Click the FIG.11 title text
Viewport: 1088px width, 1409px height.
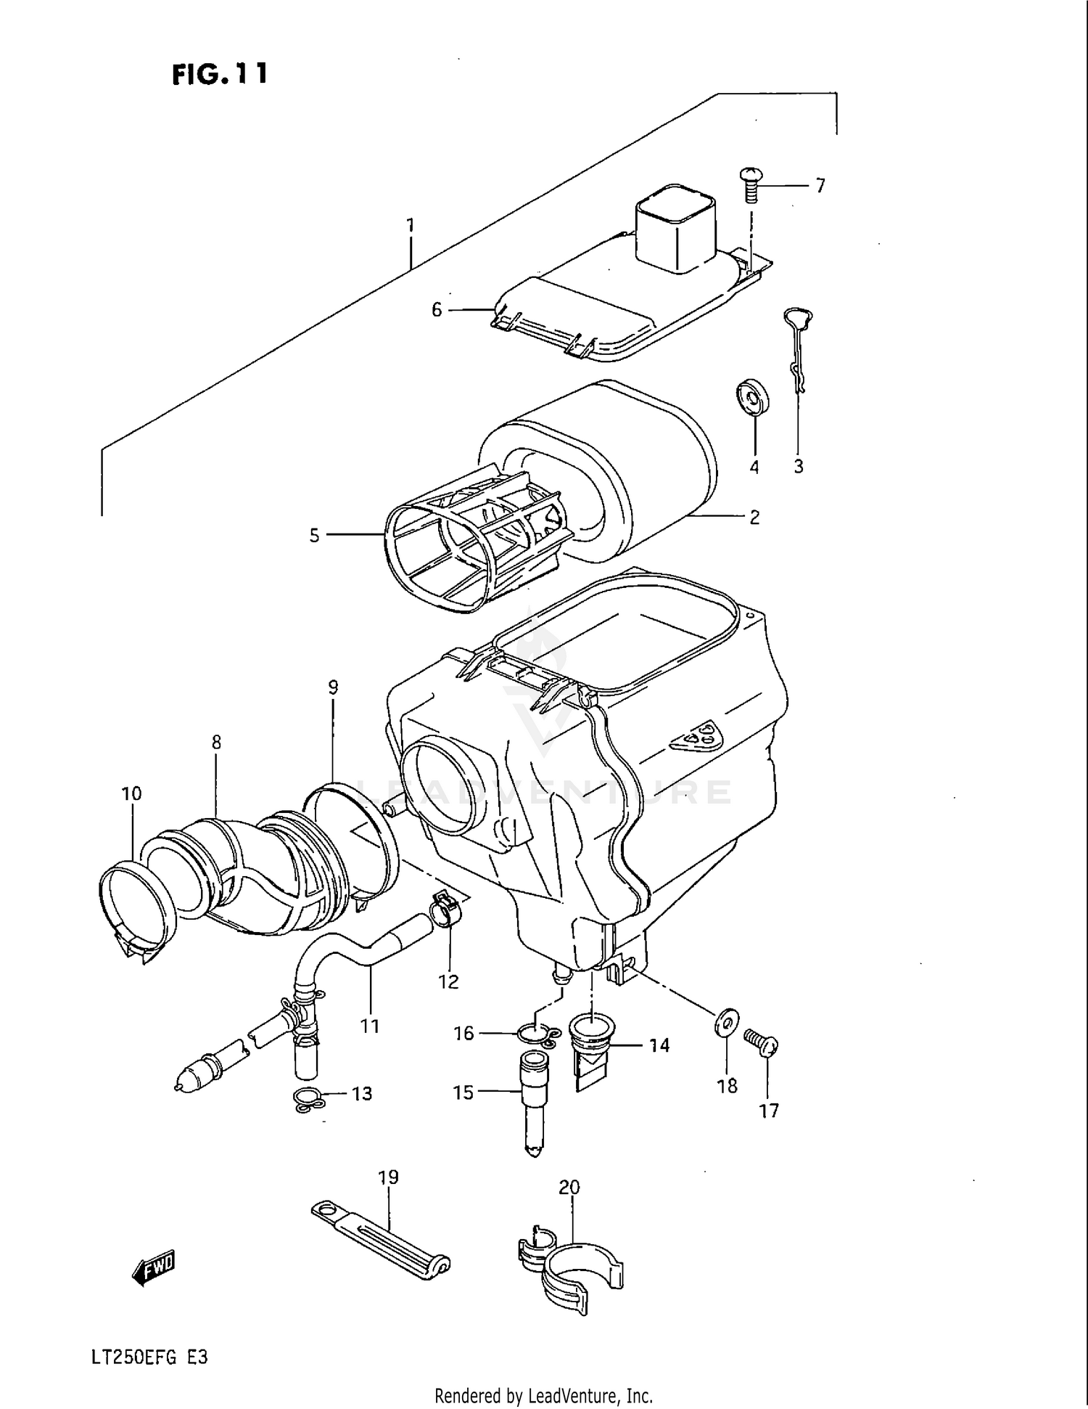tap(220, 74)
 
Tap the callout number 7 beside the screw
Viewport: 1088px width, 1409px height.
tap(820, 187)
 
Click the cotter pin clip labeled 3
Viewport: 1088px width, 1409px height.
tap(799, 348)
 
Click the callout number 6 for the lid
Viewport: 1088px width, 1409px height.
tap(436, 310)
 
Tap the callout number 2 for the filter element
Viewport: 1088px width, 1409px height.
tap(754, 518)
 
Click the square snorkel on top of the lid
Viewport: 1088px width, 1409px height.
tap(676, 226)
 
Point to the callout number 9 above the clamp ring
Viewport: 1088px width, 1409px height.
tap(333, 687)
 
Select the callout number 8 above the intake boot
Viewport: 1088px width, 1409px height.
tap(216, 743)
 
